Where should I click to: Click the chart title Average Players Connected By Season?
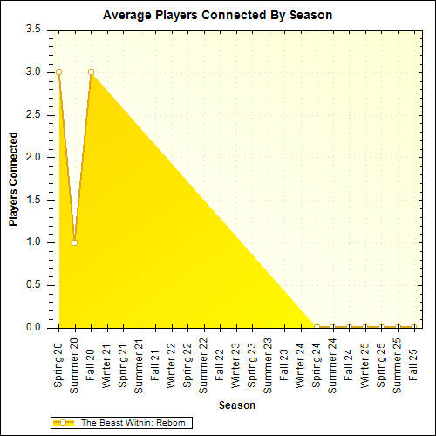217,16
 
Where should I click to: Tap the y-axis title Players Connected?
13,179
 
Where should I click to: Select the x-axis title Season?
236,405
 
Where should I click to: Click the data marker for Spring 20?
58,72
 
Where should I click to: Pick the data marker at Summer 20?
74,242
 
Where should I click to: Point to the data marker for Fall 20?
91,72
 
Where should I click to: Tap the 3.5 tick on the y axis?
32,30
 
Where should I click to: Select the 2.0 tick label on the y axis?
32,157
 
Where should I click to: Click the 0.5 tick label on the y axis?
32,285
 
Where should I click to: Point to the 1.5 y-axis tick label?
32,200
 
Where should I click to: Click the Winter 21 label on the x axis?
107,364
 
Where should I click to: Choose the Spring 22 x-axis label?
187,364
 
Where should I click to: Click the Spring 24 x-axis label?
317,364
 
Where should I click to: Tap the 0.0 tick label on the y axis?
32,328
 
